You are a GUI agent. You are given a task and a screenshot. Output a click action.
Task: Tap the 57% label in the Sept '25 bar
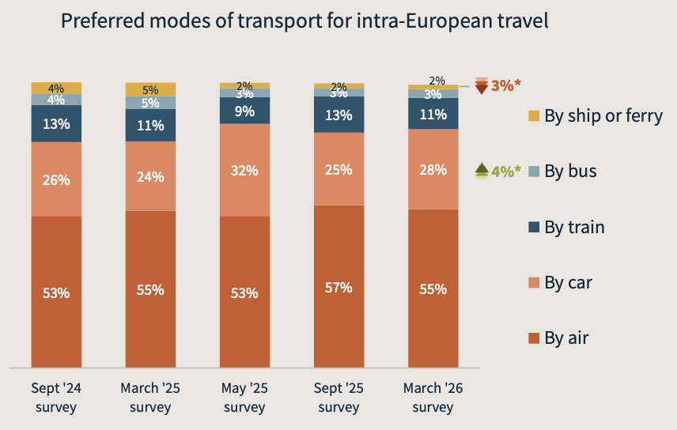tap(338, 287)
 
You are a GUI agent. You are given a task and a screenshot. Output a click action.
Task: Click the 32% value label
tap(244, 170)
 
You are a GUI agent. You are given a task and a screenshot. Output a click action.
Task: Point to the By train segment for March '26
tap(433, 114)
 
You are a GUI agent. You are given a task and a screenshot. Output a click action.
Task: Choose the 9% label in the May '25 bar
tap(244, 111)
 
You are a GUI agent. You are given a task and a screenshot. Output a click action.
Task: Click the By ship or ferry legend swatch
tap(534, 116)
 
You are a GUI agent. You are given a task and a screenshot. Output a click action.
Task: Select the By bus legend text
tap(570, 171)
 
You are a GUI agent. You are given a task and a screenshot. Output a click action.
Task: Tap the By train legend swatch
tap(534, 228)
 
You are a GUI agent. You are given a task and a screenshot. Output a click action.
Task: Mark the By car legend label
tap(568, 282)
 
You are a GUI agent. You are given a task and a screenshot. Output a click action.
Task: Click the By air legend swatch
tap(534, 338)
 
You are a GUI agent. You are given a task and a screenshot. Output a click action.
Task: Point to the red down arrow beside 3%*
tap(481, 85)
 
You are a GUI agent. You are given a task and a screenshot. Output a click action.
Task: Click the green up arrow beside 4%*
tap(481, 169)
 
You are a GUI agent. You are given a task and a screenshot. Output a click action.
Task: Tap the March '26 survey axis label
tap(433, 398)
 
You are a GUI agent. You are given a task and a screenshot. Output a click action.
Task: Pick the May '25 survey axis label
tap(244, 398)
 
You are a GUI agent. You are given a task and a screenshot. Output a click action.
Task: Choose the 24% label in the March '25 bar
tap(150, 176)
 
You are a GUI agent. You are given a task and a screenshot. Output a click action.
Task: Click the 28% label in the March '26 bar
tap(433, 169)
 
